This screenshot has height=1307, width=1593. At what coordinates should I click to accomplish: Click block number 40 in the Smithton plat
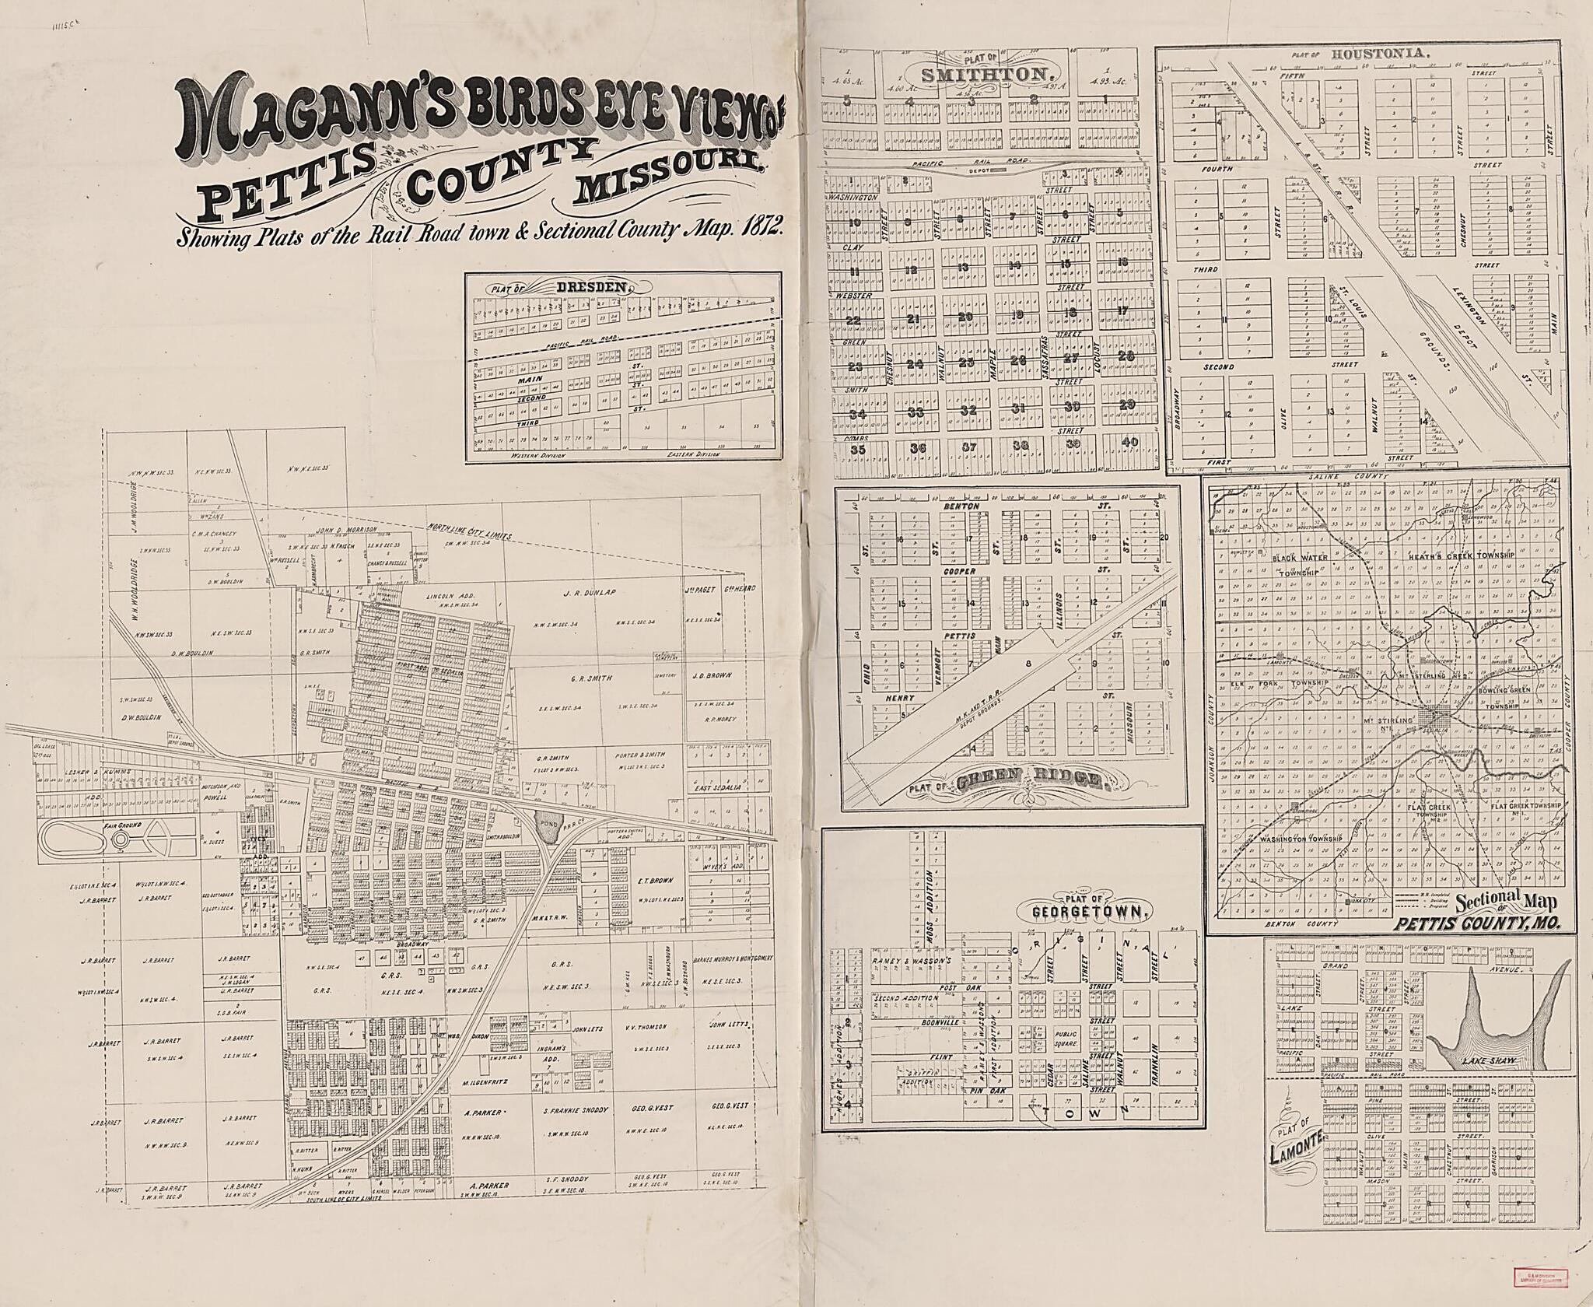coord(1129,442)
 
